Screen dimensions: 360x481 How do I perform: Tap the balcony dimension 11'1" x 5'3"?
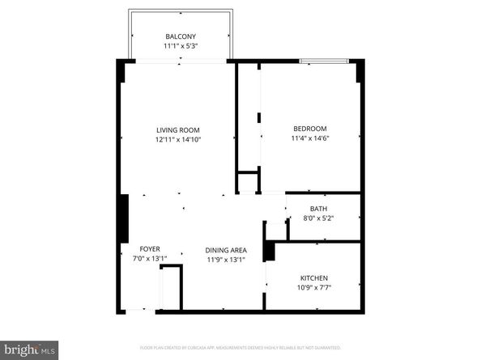tap(181, 46)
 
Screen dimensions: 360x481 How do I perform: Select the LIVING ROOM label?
tap(178, 129)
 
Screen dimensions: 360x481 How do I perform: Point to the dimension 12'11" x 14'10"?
tap(178, 139)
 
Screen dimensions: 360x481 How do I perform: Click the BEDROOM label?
tap(309, 129)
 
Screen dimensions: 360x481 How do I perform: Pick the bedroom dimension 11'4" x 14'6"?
tap(309, 138)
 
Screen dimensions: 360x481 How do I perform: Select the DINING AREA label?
tap(225, 250)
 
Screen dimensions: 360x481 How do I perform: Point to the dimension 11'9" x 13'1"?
tap(225, 260)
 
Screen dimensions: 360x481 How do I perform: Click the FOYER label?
tap(149, 248)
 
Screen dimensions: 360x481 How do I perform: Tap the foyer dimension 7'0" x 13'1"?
tap(149, 259)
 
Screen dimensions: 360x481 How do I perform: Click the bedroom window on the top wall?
tap(324, 61)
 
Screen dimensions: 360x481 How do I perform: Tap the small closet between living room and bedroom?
tap(247, 181)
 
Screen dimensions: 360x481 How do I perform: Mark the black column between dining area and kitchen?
tap(270, 251)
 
